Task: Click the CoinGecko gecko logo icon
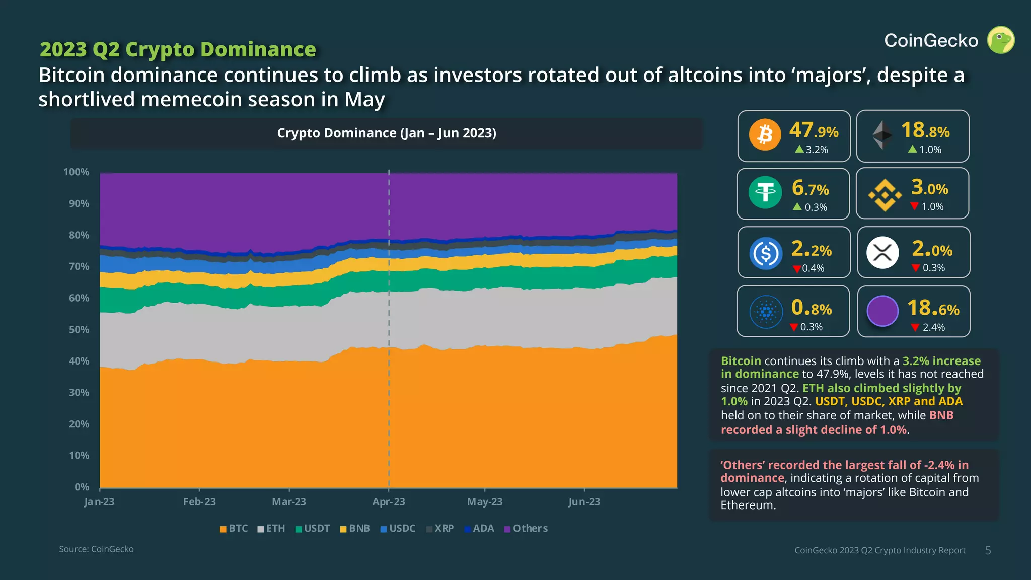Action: coord(1000,40)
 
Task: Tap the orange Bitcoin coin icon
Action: coord(765,135)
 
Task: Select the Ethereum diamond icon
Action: coord(882,135)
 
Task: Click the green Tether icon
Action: coord(765,192)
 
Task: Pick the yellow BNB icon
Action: coord(885,195)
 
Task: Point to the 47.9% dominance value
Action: coord(814,131)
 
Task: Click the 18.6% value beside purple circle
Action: coord(933,308)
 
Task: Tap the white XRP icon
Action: coord(882,252)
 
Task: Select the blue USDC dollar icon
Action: coord(765,253)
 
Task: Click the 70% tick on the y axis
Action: coord(79,267)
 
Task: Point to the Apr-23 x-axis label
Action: coord(389,502)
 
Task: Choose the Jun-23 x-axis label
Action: coord(584,502)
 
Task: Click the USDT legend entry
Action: coord(313,529)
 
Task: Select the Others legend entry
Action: coord(526,529)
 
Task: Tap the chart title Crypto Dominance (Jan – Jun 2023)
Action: coord(387,133)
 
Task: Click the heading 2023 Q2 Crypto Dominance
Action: coord(178,49)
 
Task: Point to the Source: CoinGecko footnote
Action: coord(96,549)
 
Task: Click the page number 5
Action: coord(988,550)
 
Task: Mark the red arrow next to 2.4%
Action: coord(915,328)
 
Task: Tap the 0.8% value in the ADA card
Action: coord(811,308)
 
